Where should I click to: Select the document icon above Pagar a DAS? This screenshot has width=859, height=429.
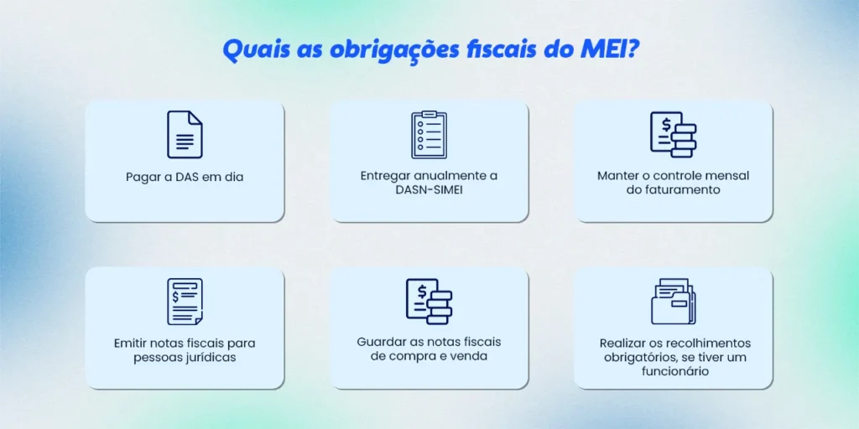click(x=185, y=135)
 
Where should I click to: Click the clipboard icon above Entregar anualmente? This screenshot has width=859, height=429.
click(x=429, y=135)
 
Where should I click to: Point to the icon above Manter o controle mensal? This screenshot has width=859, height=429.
click(x=674, y=135)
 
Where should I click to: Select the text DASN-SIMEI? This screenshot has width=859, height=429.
click(x=429, y=189)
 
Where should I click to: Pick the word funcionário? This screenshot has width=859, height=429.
click(x=674, y=370)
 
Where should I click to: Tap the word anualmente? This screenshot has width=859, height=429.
click(x=446, y=176)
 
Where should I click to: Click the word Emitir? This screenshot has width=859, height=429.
click(x=132, y=344)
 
